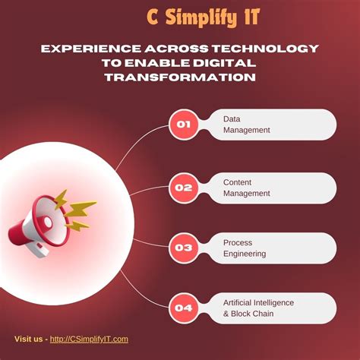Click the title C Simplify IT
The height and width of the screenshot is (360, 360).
click(203, 17)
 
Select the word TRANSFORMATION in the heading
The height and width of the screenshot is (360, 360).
click(180, 77)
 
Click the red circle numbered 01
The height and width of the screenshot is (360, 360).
click(183, 125)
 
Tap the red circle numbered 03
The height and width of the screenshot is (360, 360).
click(183, 248)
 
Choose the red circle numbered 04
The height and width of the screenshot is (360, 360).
click(183, 308)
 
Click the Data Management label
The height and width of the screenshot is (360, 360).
click(246, 125)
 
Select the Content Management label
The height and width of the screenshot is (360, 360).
click(246, 188)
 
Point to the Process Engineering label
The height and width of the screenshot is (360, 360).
click(245, 248)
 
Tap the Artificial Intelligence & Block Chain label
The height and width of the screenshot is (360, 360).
click(258, 308)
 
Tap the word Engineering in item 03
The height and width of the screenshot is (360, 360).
click(245, 254)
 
